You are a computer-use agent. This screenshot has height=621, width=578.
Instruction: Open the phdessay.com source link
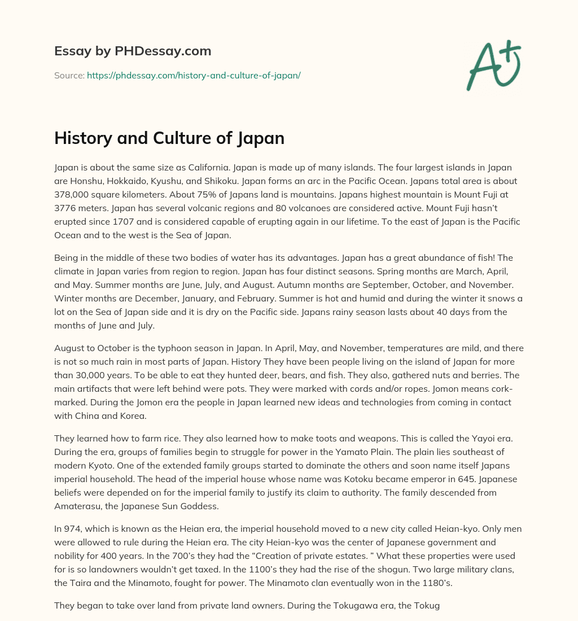tap(194, 75)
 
